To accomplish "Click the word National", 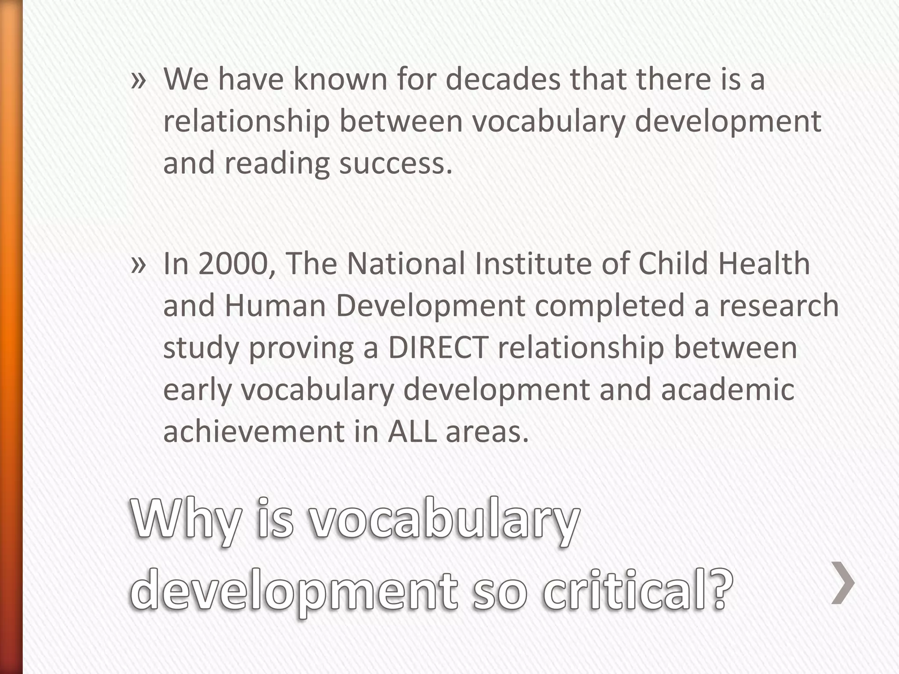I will tap(406, 264).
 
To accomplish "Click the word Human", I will tap(275, 306).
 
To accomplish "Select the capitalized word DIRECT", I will tap(438, 348).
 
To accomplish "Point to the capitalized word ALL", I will tap(412, 431).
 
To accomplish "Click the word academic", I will tap(727, 390).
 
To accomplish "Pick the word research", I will tap(778, 306).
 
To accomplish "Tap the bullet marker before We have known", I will tap(138, 80).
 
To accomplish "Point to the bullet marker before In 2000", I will tap(138, 265).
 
